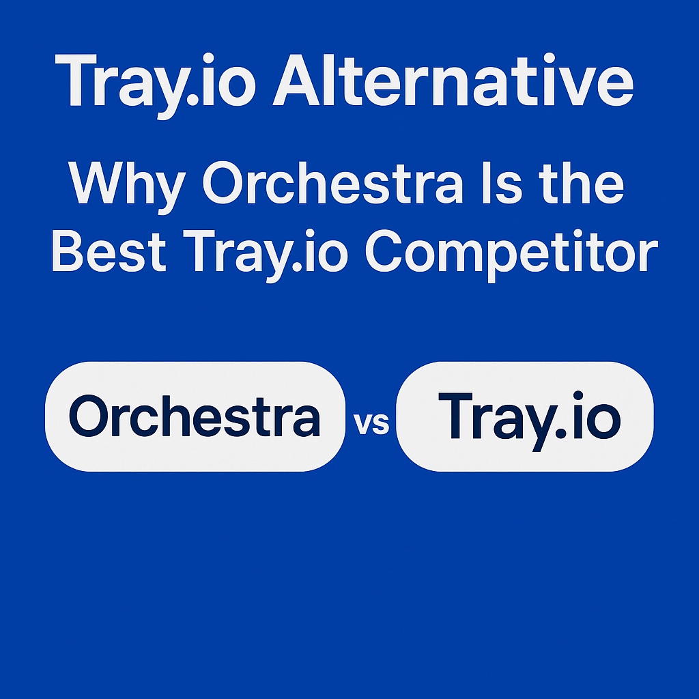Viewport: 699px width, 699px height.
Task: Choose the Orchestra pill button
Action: click(x=195, y=416)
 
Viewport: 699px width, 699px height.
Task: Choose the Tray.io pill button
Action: click(x=524, y=416)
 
